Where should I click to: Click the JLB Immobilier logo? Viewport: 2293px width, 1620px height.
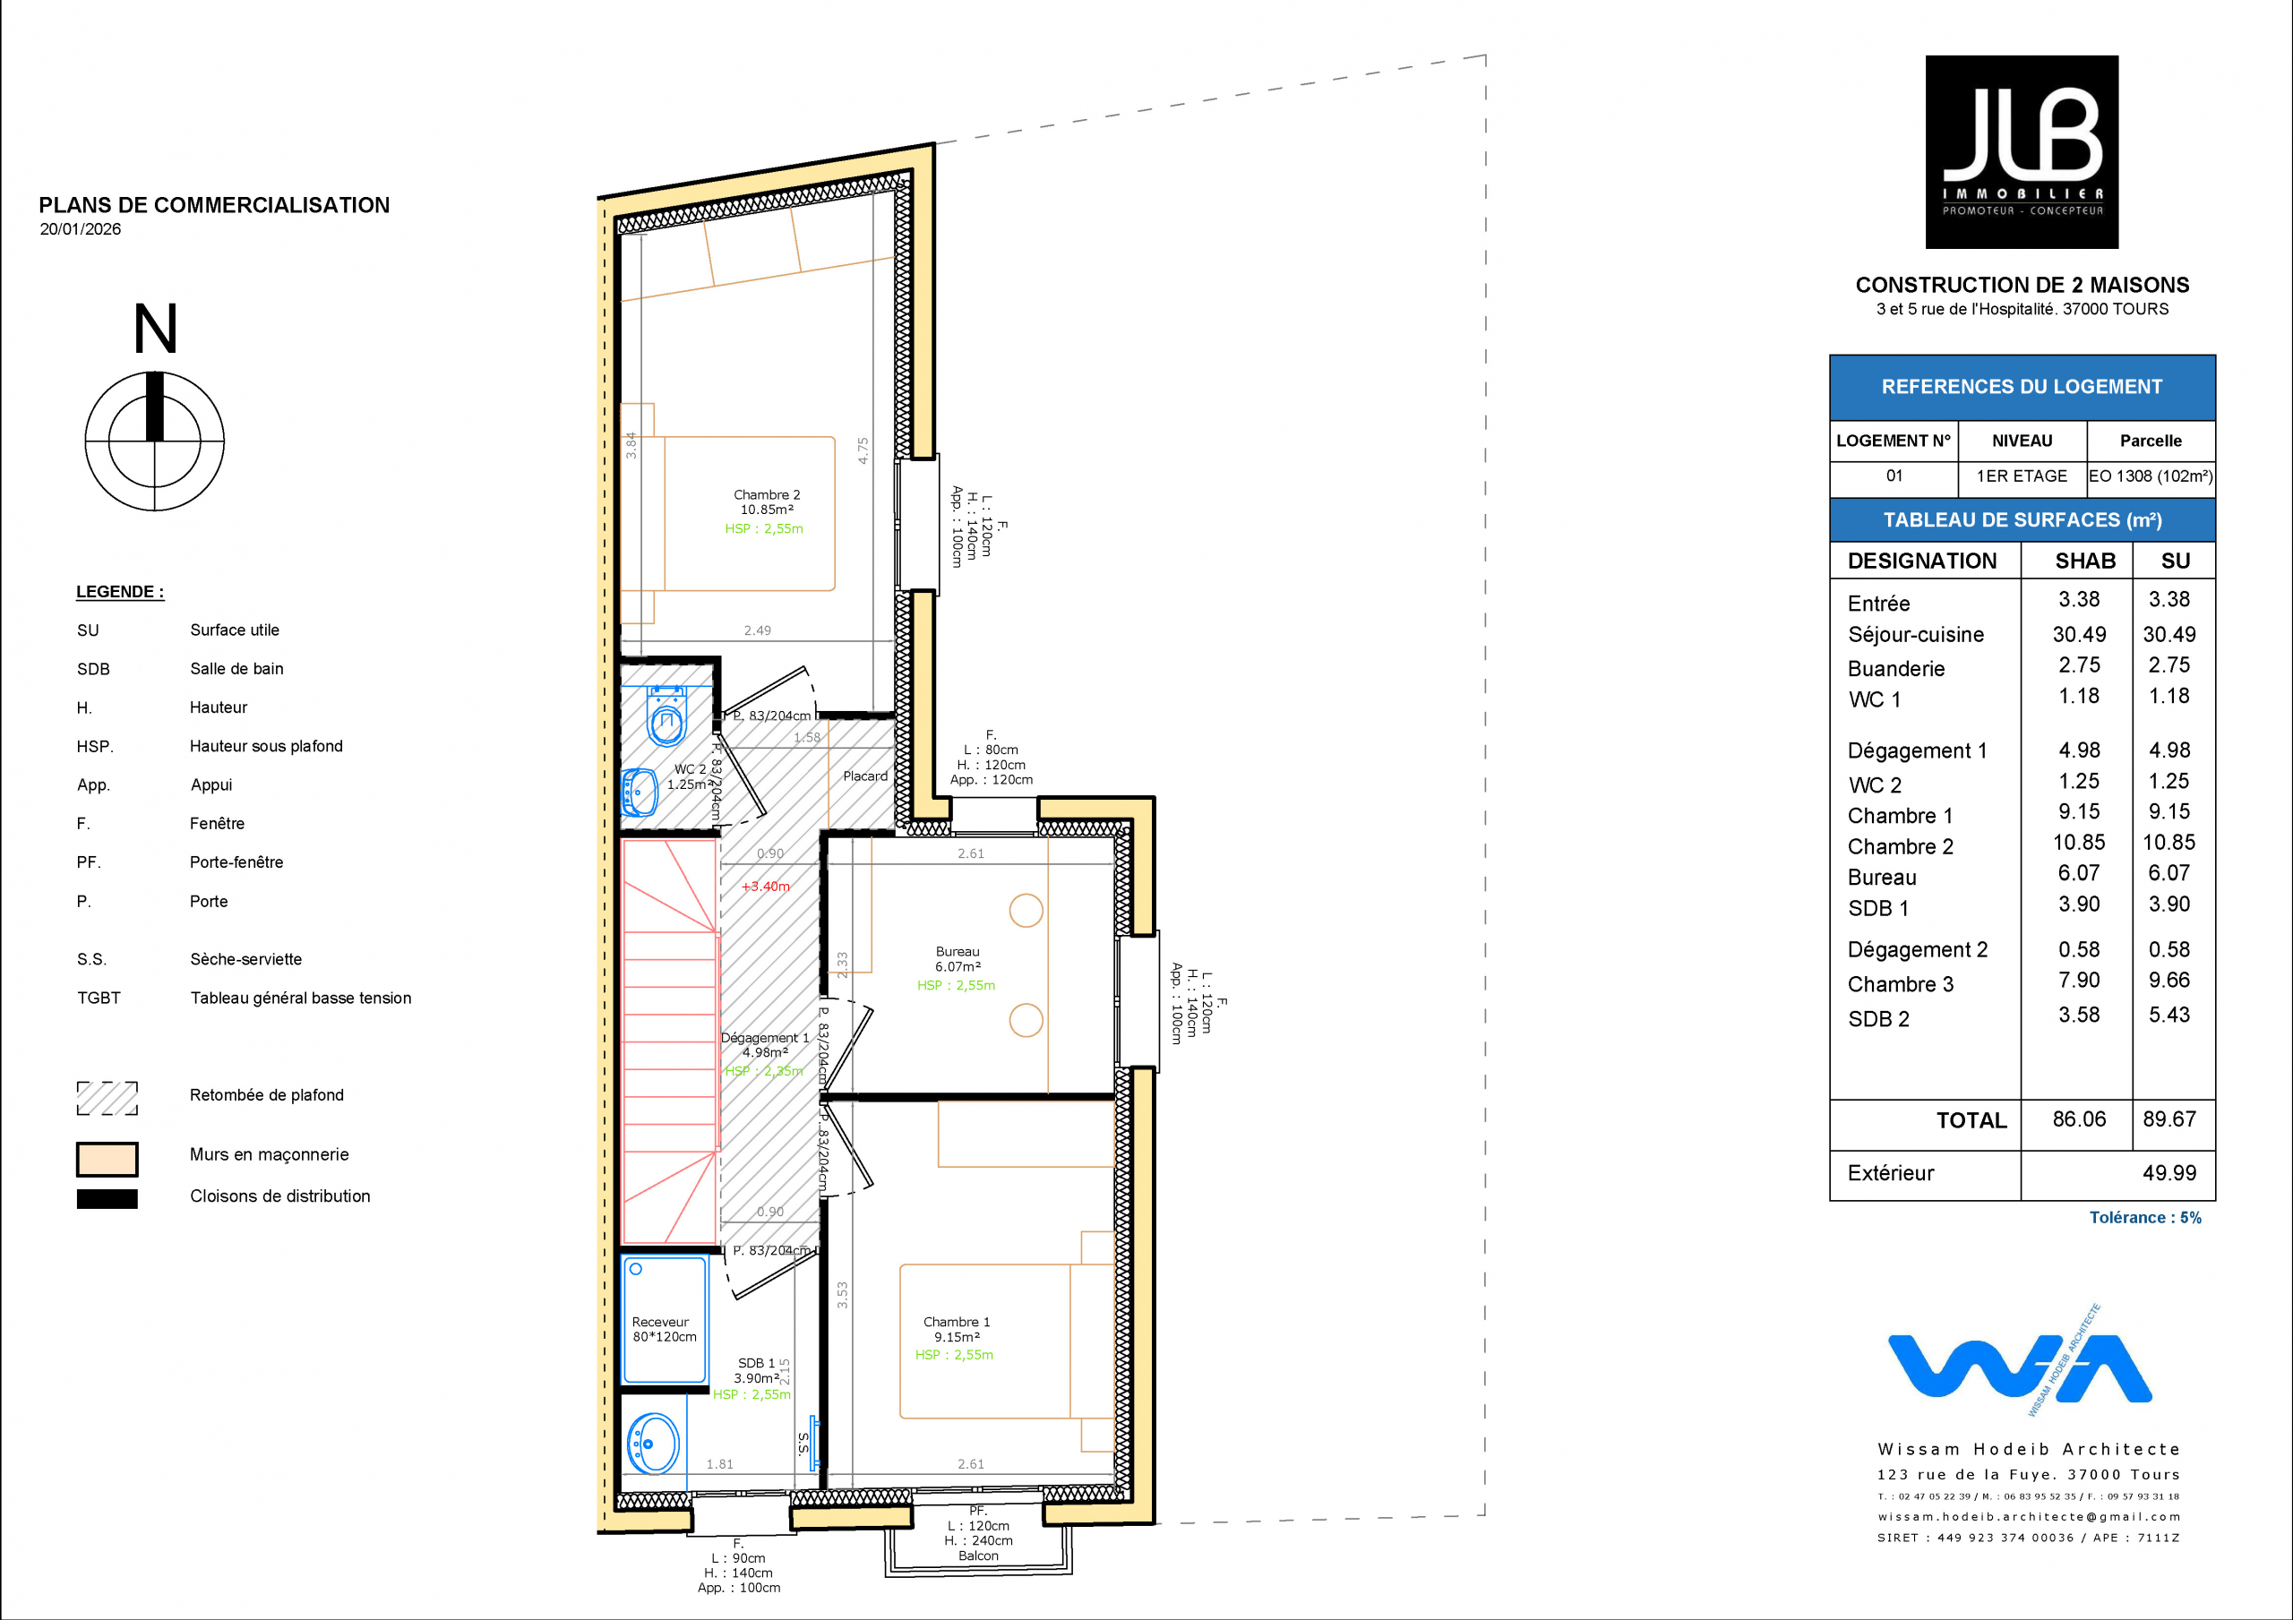[2022, 152]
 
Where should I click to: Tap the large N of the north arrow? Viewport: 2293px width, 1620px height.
[156, 329]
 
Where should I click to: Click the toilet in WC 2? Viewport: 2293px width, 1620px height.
[666, 716]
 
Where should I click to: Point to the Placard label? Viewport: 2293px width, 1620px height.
[865, 776]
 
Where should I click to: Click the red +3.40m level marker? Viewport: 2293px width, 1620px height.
[765, 886]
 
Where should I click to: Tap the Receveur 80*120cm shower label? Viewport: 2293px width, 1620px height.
[664, 1329]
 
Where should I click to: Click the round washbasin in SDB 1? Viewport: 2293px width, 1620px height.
[653, 1444]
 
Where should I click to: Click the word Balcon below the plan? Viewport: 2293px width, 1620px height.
[978, 1556]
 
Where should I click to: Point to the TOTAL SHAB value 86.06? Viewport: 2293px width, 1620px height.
[2079, 1119]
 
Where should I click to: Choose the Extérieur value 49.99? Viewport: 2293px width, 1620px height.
[2169, 1172]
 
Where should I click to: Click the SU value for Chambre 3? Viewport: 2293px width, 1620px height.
[2169, 980]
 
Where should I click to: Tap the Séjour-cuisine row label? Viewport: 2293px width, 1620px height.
[1916, 634]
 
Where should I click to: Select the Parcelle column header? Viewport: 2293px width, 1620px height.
[2151, 441]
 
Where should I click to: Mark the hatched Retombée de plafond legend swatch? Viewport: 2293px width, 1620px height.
[107, 1098]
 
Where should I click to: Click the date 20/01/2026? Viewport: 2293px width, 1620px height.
[80, 228]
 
